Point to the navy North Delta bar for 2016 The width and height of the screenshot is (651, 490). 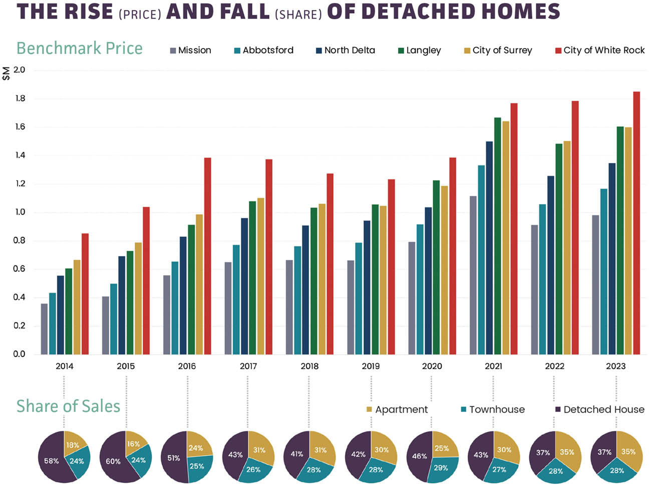[183, 295]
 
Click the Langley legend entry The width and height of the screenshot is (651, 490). [420, 50]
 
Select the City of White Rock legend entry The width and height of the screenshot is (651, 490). [600, 50]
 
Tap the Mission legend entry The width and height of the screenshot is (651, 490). [191, 50]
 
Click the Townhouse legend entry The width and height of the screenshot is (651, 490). [493, 409]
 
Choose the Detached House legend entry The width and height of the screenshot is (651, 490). [599, 409]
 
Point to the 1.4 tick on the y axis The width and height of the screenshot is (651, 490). [20, 155]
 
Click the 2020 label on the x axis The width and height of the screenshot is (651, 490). [432, 366]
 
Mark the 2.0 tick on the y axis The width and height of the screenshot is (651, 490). [20, 70]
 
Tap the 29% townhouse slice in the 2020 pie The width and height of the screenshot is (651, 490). [440, 469]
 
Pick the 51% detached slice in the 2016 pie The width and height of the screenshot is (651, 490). [173, 457]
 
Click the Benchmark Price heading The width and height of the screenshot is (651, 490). [80, 48]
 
